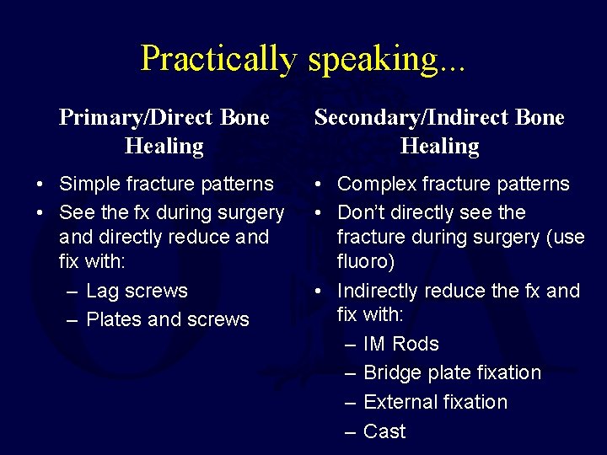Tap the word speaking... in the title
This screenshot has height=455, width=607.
pyautogui.click(x=387, y=58)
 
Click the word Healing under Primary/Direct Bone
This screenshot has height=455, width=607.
pyautogui.click(x=164, y=146)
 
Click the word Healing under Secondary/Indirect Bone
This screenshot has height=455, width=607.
pyautogui.click(x=439, y=146)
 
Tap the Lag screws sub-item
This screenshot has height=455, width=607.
pyautogui.click(x=137, y=291)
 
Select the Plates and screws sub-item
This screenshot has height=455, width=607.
pyautogui.click(x=168, y=319)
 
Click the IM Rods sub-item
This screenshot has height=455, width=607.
pyautogui.click(x=400, y=344)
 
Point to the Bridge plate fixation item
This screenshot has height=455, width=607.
pyautogui.click(x=452, y=372)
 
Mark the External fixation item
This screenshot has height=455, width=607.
pyautogui.click(x=435, y=402)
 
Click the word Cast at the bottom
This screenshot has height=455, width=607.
pyautogui.click(x=384, y=431)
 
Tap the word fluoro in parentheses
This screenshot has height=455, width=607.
pyautogui.click(x=365, y=262)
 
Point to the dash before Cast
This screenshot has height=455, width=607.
pyautogui.click(x=351, y=431)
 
